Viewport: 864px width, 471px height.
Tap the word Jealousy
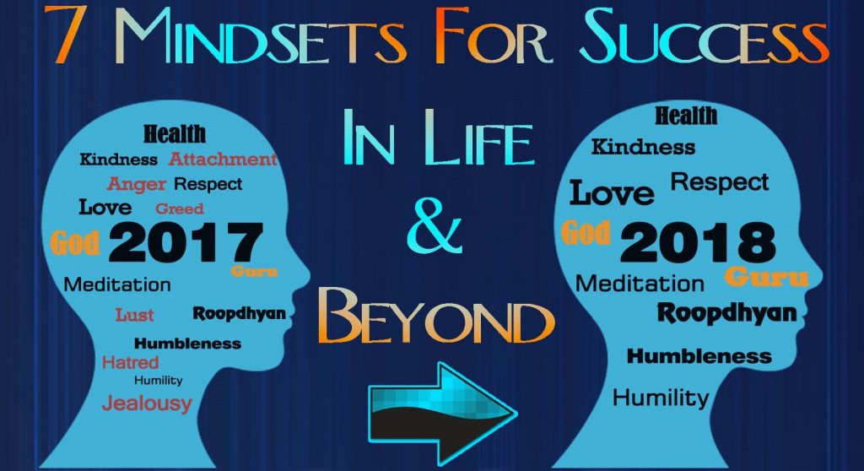tap(147, 403)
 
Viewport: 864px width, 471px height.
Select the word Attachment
tap(223, 159)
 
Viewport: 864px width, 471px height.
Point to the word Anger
tap(137, 183)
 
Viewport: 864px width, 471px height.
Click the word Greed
tap(179, 208)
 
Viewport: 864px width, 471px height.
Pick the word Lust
tap(135, 315)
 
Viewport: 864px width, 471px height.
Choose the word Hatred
tap(130, 362)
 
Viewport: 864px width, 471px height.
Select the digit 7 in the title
tap(70, 39)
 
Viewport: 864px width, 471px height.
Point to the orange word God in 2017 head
tap(75, 241)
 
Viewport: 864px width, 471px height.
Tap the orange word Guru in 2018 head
tap(766, 277)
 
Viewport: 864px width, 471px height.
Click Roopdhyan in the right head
tap(726, 314)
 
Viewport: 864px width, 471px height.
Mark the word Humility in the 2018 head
tap(661, 397)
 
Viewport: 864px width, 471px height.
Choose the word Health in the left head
tap(174, 134)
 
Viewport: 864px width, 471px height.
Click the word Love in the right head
tap(612, 193)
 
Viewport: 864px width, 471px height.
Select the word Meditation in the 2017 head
tap(117, 284)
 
